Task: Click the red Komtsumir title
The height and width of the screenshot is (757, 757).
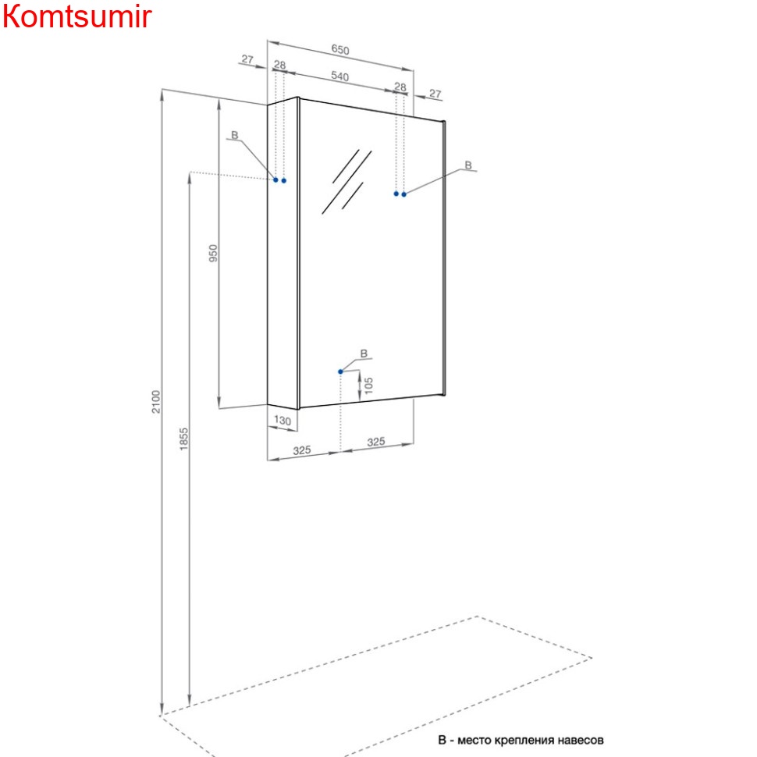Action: click(x=76, y=16)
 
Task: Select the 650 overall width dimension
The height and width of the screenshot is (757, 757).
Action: click(x=340, y=50)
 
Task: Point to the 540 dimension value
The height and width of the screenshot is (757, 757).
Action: click(x=339, y=76)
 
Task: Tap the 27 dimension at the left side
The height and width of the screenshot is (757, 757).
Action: click(x=247, y=59)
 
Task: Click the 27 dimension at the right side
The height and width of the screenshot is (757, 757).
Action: click(x=435, y=94)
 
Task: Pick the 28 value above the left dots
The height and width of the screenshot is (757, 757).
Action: click(x=279, y=65)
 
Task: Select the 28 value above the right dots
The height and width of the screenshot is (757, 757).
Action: click(x=400, y=87)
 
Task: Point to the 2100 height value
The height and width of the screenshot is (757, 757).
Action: click(x=156, y=401)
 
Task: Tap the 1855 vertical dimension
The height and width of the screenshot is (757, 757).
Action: click(x=184, y=439)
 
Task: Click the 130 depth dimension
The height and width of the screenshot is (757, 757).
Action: click(x=283, y=421)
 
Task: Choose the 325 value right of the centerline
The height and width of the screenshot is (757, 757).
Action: click(x=376, y=442)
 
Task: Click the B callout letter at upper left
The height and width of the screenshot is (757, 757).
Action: click(x=234, y=136)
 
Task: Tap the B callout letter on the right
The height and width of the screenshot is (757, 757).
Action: click(x=468, y=165)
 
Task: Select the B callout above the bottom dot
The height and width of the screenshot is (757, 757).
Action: click(x=364, y=354)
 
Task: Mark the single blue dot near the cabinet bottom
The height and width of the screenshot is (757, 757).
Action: click(x=340, y=371)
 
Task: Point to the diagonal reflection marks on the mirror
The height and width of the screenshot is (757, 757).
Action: click(x=345, y=181)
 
